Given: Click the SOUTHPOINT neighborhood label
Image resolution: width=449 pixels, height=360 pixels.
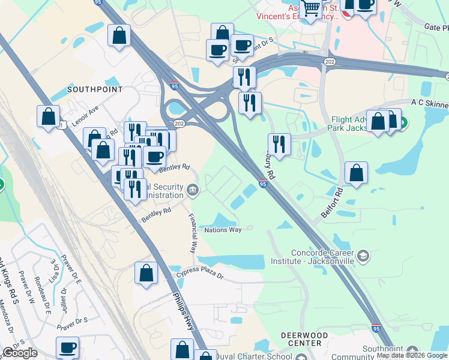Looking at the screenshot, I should coord(95,89).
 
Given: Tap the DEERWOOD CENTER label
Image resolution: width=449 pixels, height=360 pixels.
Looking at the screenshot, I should coord(304,339).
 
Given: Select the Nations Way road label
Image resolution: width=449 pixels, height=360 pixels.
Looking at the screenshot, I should coord(223,230).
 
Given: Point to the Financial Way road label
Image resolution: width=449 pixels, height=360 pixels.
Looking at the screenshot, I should coord(193,233).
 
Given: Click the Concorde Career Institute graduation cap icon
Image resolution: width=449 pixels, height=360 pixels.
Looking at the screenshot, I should coord(363,257).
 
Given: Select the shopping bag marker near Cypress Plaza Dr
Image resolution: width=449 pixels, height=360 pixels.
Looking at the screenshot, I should coord(146,274).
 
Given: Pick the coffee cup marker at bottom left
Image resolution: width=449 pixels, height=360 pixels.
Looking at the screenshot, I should coord(68,347).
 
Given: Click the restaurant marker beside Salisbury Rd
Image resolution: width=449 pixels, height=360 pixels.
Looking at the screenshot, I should coord(279,144).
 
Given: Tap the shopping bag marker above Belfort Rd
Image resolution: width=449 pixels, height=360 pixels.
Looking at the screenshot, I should coord(357,173).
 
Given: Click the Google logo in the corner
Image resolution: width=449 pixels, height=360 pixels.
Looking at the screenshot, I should coord(20,353).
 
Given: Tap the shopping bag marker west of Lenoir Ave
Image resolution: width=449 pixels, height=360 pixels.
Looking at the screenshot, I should coord(48,116).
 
